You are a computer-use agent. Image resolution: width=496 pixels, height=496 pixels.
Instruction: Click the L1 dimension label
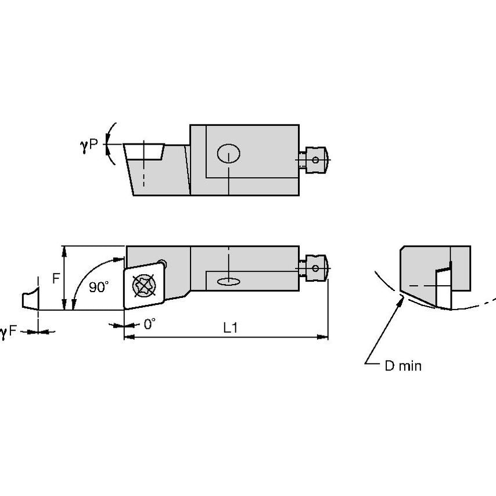[x=231, y=327]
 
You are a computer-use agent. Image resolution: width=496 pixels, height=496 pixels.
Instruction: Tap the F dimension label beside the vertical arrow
[x=56, y=278]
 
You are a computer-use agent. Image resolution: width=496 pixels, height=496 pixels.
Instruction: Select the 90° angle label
[x=99, y=287]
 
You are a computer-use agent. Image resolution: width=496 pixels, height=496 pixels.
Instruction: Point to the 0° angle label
[x=149, y=324]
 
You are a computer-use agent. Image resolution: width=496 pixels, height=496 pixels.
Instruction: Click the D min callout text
[x=403, y=366]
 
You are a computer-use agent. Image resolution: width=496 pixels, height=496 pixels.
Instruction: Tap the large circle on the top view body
[x=228, y=154]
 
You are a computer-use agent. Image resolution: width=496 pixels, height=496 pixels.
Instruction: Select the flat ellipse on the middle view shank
[x=228, y=282]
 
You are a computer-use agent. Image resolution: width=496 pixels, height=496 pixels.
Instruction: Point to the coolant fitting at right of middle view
[x=314, y=268]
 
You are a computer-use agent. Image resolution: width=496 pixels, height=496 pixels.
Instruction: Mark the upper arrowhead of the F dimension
[x=66, y=250]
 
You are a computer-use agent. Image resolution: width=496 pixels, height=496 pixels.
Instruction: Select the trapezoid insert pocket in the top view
[x=145, y=153]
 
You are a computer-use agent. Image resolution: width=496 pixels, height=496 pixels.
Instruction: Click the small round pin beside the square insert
[x=165, y=264]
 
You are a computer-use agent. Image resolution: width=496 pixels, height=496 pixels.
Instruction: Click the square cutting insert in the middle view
[x=145, y=285]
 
